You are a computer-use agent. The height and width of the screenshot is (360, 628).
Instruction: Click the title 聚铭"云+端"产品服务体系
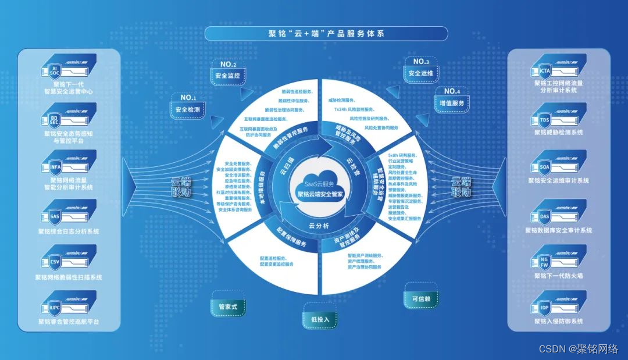click(x=326, y=33)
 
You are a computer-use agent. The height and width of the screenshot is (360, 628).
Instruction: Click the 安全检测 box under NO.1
click(x=187, y=109)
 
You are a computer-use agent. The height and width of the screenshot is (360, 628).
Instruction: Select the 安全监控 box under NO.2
click(x=227, y=76)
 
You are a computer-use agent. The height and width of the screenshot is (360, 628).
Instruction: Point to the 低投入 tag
click(x=320, y=319)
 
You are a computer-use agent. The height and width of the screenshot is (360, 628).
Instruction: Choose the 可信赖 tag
click(x=421, y=298)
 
